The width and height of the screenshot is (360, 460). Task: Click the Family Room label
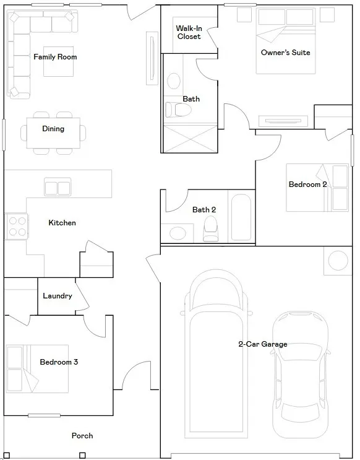tap(55, 57)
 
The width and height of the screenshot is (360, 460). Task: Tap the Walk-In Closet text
tap(189, 32)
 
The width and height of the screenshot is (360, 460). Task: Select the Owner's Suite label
tap(286, 53)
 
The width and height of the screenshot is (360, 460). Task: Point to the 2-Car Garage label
tap(263, 344)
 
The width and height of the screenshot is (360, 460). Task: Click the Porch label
tap(82, 436)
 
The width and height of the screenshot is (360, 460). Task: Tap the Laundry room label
tap(58, 296)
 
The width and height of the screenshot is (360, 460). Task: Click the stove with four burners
tap(17, 227)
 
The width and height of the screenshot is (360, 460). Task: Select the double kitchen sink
tap(58, 187)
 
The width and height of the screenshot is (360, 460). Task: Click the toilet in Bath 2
tap(210, 229)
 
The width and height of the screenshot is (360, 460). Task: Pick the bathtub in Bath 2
tap(241, 217)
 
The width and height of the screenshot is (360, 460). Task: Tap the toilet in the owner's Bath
tap(178, 110)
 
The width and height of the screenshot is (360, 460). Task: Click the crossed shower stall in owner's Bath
tap(191, 139)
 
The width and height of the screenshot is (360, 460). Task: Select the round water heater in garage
tap(338, 261)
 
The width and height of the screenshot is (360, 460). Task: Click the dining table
tap(53, 133)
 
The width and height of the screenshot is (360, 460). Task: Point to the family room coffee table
tap(58, 62)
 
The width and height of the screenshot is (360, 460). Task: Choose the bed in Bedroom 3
tap(37, 369)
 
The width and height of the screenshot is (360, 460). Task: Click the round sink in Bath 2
tap(178, 234)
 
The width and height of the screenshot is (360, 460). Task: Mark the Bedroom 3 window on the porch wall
tap(45, 415)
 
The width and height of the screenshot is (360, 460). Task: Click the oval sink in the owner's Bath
tap(174, 81)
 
